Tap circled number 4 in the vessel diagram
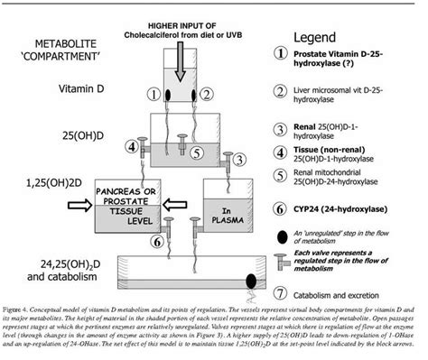tap(133, 146)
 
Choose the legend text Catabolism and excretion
tap(348, 293)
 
